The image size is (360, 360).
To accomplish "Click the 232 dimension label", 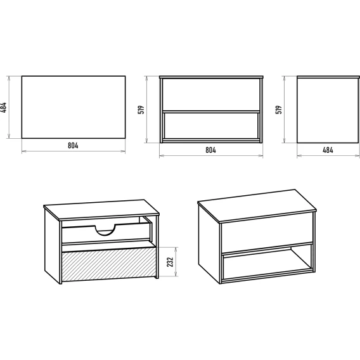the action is tap(170, 262).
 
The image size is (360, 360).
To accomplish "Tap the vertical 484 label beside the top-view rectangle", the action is tap(3, 108).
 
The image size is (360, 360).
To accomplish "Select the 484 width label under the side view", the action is tap(328, 150).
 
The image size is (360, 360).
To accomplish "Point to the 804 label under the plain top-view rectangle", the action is tap(73, 146).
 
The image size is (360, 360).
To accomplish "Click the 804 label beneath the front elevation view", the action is tap(211, 150).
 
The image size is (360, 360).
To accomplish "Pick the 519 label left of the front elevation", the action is tap(141, 110).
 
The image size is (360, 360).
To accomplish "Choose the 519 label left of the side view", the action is tap(279, 110).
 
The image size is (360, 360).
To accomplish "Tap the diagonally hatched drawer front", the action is tap(109, 264).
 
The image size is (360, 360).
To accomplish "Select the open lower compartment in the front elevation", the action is tap(211, 126).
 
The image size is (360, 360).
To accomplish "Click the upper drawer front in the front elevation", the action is tap(211, 94).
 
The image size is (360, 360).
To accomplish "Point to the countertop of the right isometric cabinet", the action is tap(257, 206).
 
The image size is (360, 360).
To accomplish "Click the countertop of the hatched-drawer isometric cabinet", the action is tap(101, 210).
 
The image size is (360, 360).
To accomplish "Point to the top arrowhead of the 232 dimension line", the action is tap(176, 249).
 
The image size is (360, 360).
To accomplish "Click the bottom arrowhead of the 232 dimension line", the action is tap(176, 274).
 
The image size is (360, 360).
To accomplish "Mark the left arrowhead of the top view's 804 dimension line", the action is tap(24, 151).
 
